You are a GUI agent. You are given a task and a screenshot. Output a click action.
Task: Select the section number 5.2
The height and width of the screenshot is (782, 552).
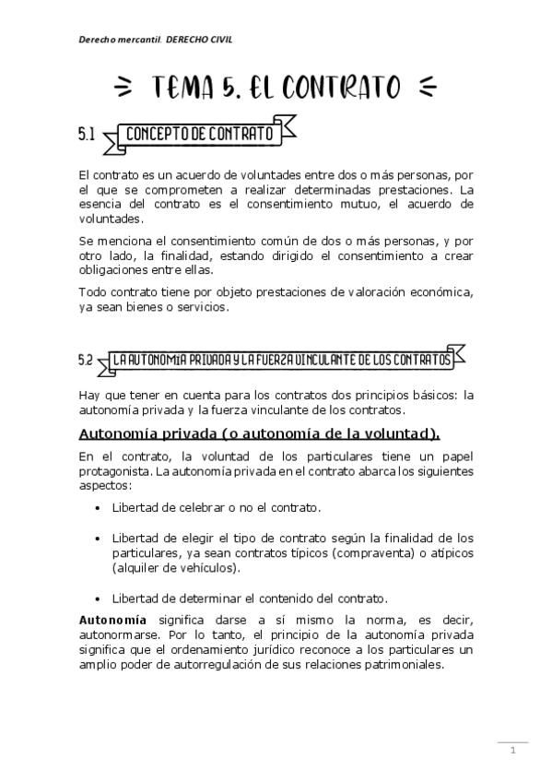pyautogui.click(x=86, y=361)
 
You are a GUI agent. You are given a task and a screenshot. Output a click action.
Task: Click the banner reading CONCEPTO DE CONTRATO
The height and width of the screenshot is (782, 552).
pyautogui.click(x=199, y=136)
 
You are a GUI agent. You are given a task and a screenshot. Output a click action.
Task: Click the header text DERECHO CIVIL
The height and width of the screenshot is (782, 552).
pyautogui.click(x=201, y=41)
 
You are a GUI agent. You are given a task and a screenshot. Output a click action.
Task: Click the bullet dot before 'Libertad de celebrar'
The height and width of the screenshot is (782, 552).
pyautogui.click(x=99, y=508)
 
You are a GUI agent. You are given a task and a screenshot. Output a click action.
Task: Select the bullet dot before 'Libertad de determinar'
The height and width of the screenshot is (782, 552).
pyautogui.click(x=99, y=597)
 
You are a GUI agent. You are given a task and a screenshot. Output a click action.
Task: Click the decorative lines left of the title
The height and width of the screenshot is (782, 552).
pyautogui.click(x=123, y=89)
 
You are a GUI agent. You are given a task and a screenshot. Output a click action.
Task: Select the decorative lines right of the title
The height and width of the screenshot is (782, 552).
pyautogui.click(x=426, y=89)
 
